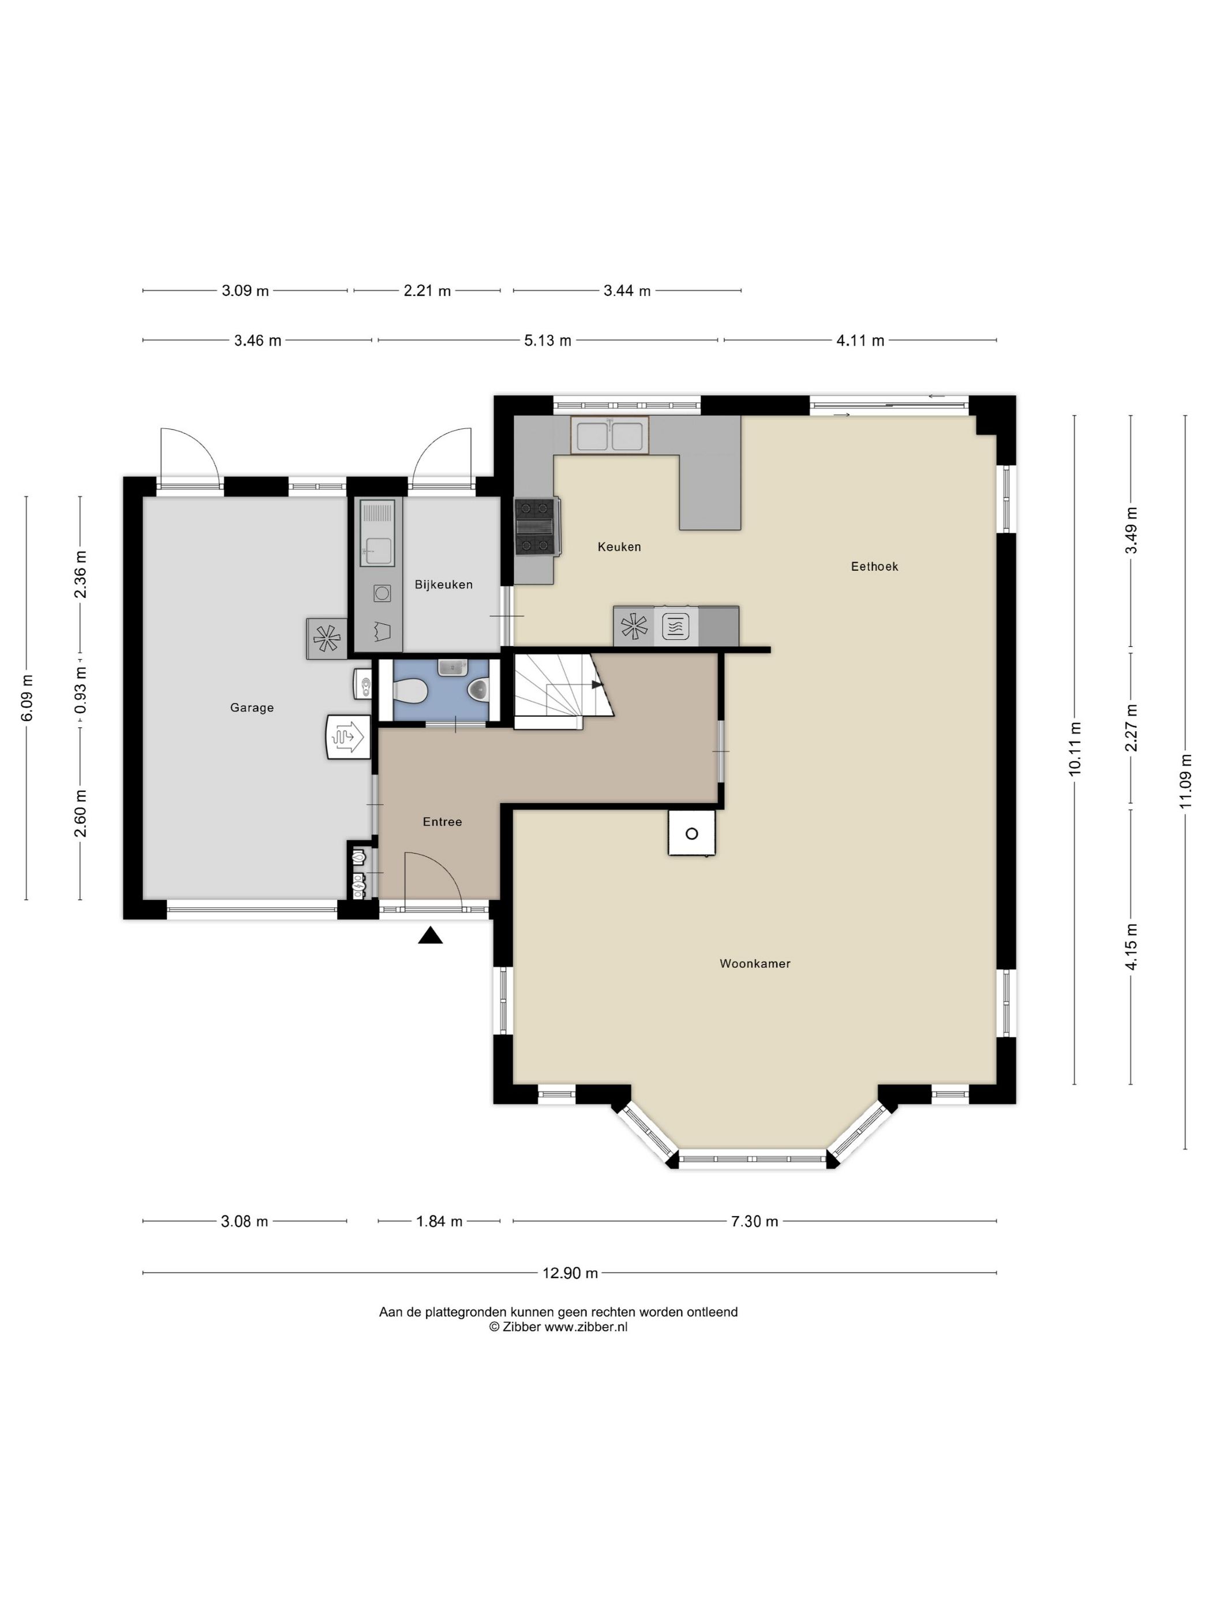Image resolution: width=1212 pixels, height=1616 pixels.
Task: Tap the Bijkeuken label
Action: (443, 585)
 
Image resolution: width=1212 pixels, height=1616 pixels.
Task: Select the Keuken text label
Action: (619, 547)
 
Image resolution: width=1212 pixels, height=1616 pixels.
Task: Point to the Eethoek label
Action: (874, 566)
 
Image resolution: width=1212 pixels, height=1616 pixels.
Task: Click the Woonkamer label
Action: (755, 964)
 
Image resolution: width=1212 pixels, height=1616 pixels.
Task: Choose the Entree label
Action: (442, 822)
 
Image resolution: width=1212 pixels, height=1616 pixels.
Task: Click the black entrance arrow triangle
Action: (431, 935)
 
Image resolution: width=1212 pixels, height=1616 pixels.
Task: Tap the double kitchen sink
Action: (609, 435)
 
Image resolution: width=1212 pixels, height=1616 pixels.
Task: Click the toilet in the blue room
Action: (410, 690)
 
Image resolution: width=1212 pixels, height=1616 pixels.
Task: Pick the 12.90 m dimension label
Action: (570, 1273)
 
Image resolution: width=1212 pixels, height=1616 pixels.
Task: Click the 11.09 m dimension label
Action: (1185, 781)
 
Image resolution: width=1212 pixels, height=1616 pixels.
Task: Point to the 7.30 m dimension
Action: (755, 1221)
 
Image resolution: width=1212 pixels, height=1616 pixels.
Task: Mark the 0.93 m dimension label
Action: (80, 690)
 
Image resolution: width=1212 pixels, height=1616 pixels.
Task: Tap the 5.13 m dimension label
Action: (548, 341)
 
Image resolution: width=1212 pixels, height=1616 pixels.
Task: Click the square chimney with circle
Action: (691, 833)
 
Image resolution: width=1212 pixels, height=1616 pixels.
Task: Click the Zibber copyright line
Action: (558, 1327)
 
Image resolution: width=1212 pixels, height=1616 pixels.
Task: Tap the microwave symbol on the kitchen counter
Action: (675, 626)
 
